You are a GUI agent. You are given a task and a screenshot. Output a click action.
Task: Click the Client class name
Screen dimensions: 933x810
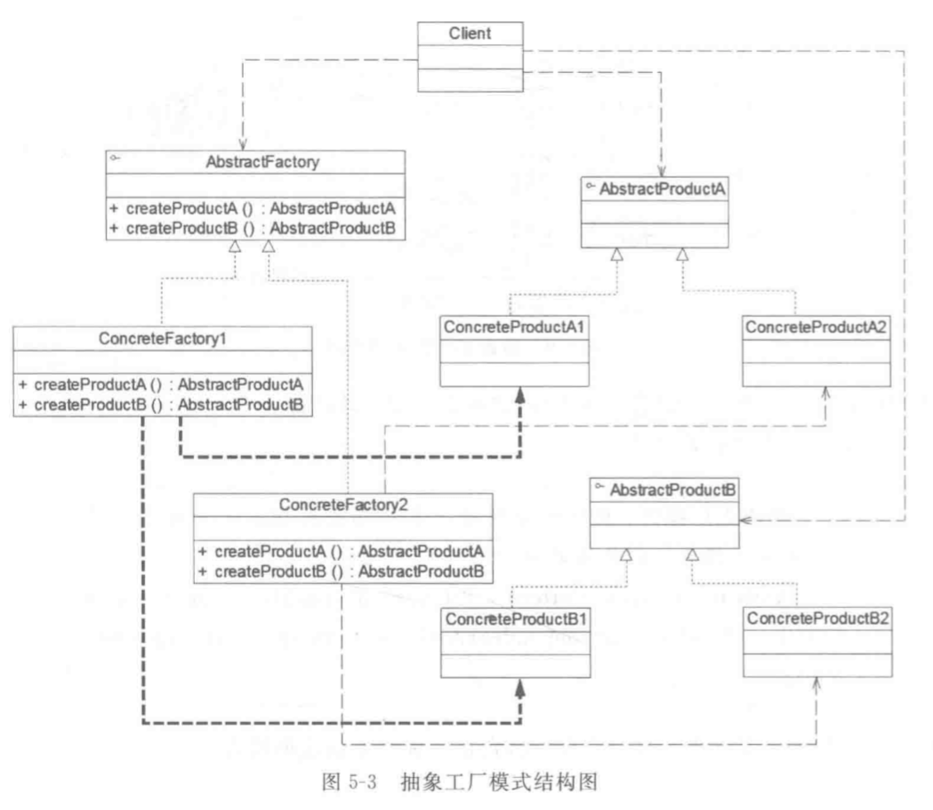pos(470,33)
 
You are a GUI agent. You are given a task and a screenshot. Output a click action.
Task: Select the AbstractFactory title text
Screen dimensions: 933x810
pos(262,162)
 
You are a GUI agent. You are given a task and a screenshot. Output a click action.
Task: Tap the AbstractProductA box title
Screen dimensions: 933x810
pos(662,190)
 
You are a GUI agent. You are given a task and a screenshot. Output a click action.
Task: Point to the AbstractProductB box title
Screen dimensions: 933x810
pos(672,490)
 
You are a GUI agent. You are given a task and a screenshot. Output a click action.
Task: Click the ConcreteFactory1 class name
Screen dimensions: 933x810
pos(163,339)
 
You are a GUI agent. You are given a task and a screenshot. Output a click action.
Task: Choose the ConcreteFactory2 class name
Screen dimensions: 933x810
pos(343,505)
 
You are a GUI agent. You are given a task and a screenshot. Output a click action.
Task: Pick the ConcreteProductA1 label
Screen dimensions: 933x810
pos(514,327)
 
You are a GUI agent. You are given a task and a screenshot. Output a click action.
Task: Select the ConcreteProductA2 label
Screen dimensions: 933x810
pos(816,327)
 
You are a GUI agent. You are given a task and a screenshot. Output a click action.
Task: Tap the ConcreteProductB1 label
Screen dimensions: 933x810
pos(516,620)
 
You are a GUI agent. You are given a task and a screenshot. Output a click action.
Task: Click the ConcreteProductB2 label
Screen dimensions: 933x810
pos(817,619)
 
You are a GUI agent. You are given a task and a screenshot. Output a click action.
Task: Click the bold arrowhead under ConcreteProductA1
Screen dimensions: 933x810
pos(520,395)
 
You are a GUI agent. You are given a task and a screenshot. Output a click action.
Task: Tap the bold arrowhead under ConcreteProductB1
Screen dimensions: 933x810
pos(520,689)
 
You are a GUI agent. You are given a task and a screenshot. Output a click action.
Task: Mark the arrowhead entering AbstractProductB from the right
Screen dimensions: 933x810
pos(745,521)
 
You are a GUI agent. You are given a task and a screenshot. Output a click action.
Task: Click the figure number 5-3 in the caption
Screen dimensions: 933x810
pos(362,782)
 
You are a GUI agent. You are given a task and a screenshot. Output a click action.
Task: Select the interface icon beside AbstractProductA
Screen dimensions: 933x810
pos(591,186)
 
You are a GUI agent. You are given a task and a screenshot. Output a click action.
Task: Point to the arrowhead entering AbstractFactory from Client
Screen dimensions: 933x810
pos(243,145)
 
